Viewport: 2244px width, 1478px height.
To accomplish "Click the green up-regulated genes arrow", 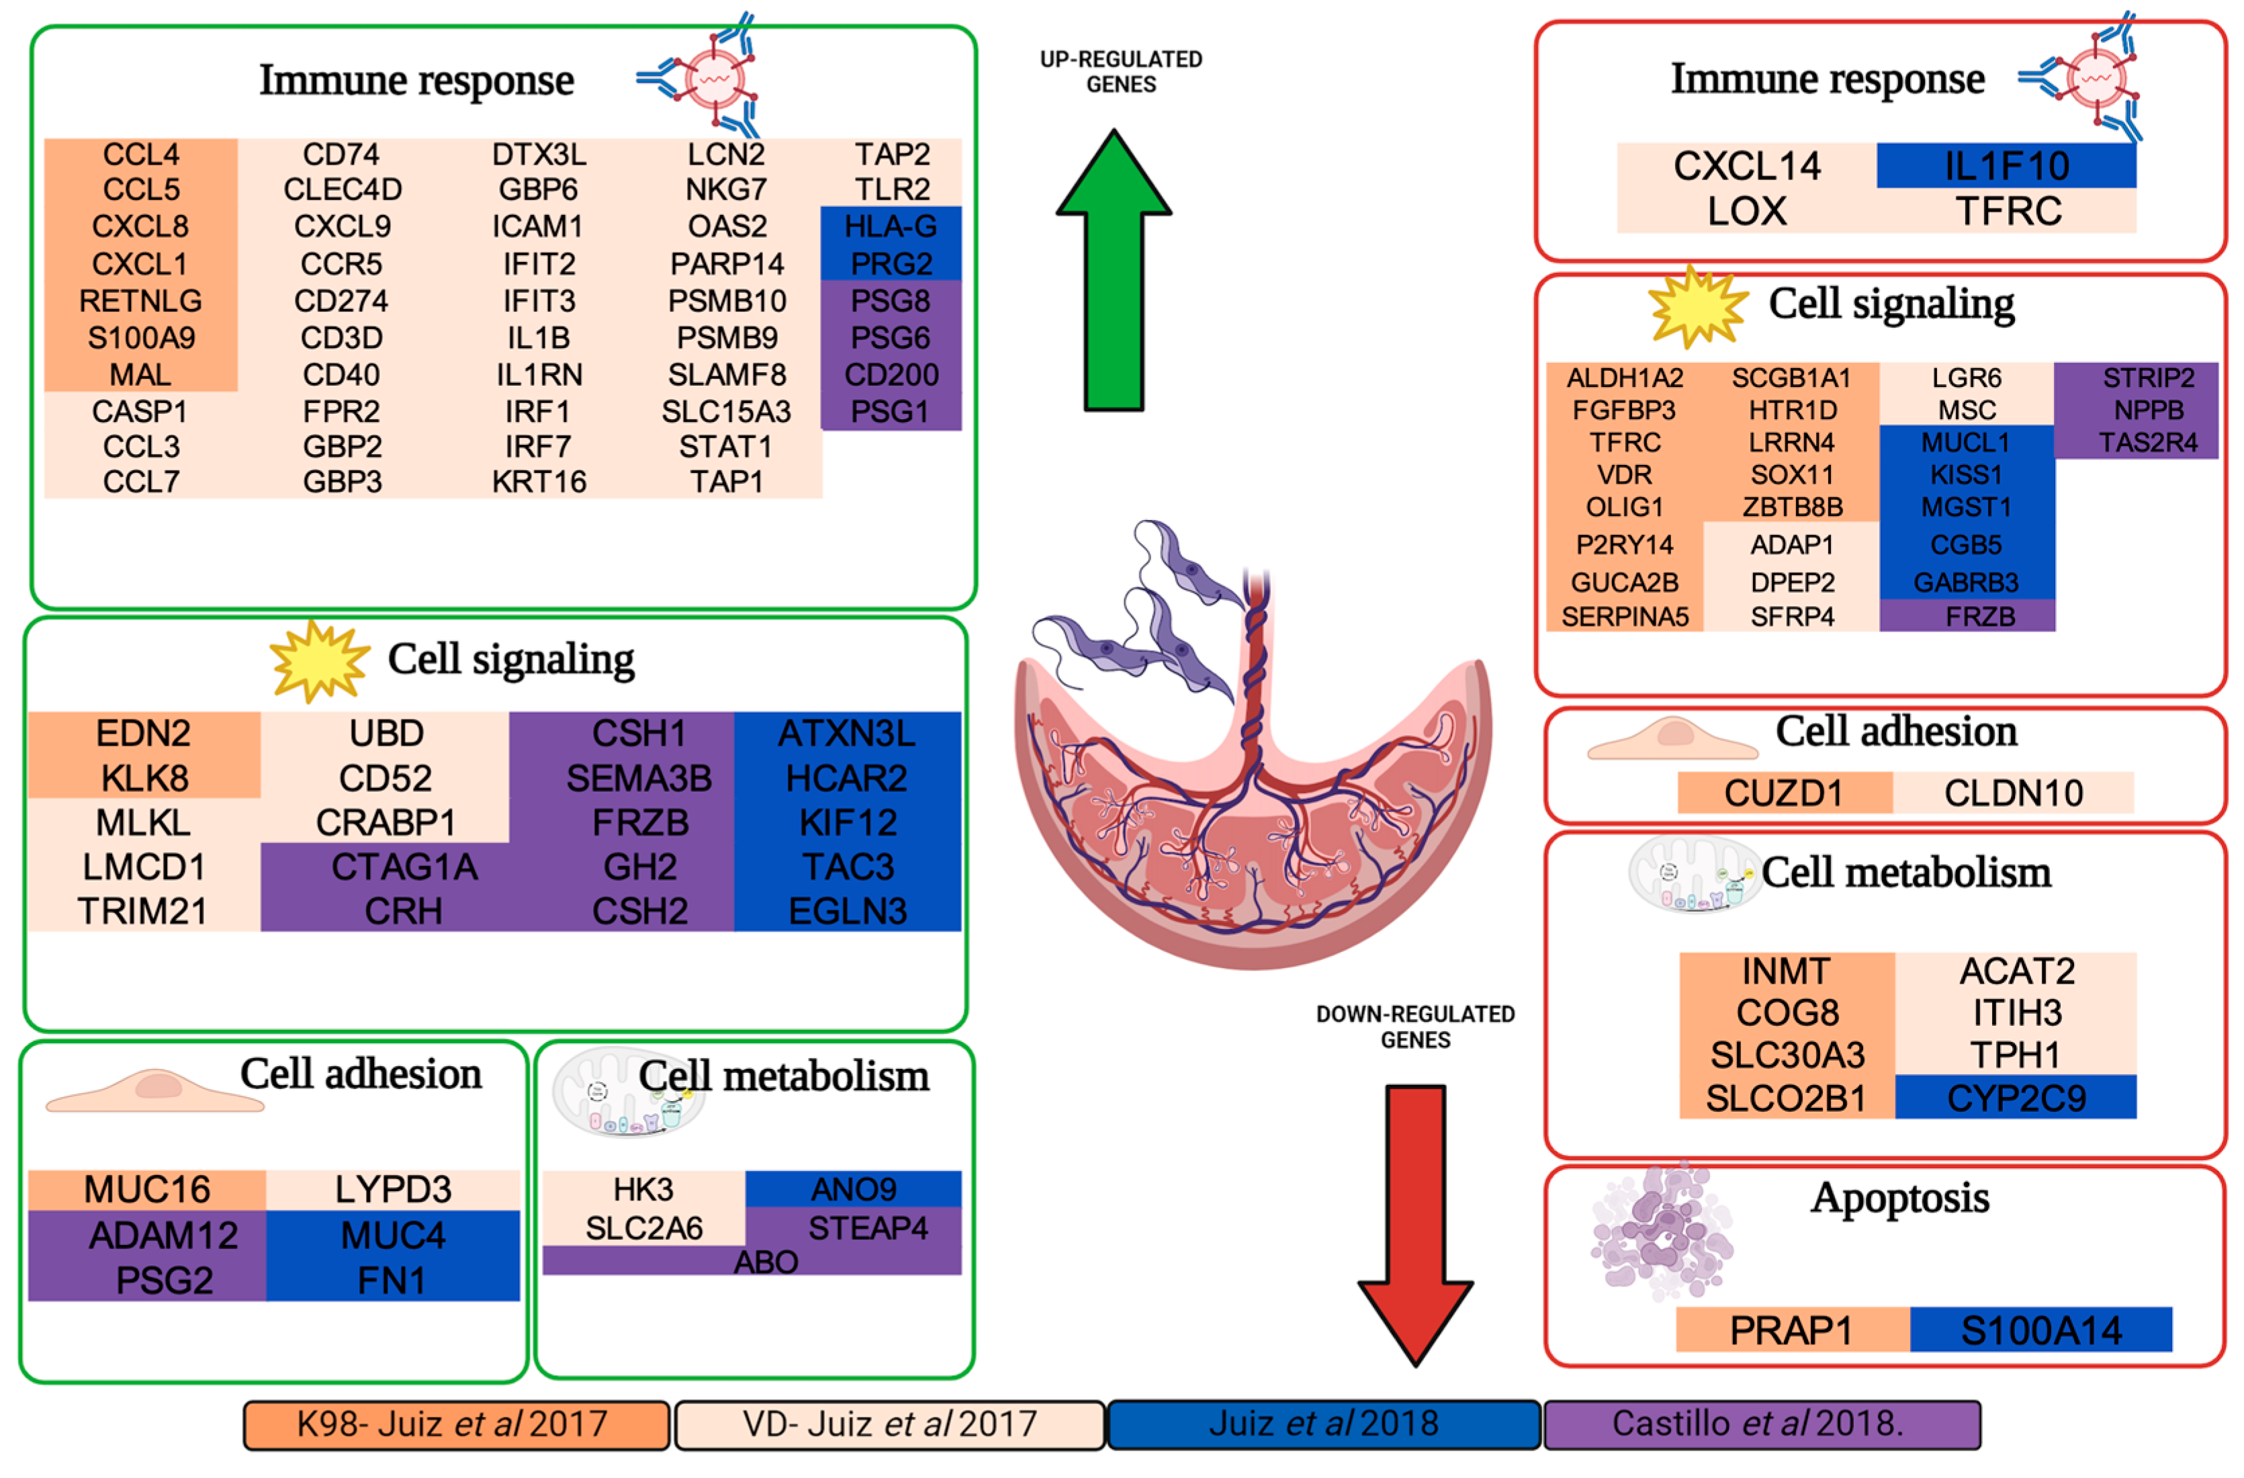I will (1114, 283).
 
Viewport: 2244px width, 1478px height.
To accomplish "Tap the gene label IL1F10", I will (2006, 166).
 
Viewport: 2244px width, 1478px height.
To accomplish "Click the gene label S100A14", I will (2040, 1331).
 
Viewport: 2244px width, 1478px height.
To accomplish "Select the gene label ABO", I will (766, 1262).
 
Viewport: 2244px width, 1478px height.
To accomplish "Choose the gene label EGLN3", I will (847, 911).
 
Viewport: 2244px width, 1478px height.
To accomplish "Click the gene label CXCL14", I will (1746, 166).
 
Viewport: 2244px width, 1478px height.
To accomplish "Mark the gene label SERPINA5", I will (1625, 617).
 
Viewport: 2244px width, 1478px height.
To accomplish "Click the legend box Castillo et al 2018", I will (1761, 1424).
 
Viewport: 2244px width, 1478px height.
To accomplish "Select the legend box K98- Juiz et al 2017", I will (455, 1424).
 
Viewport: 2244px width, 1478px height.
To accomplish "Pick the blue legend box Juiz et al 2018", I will (1323, 1424).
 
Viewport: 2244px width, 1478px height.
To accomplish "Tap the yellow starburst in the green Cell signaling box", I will (318, 661).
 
